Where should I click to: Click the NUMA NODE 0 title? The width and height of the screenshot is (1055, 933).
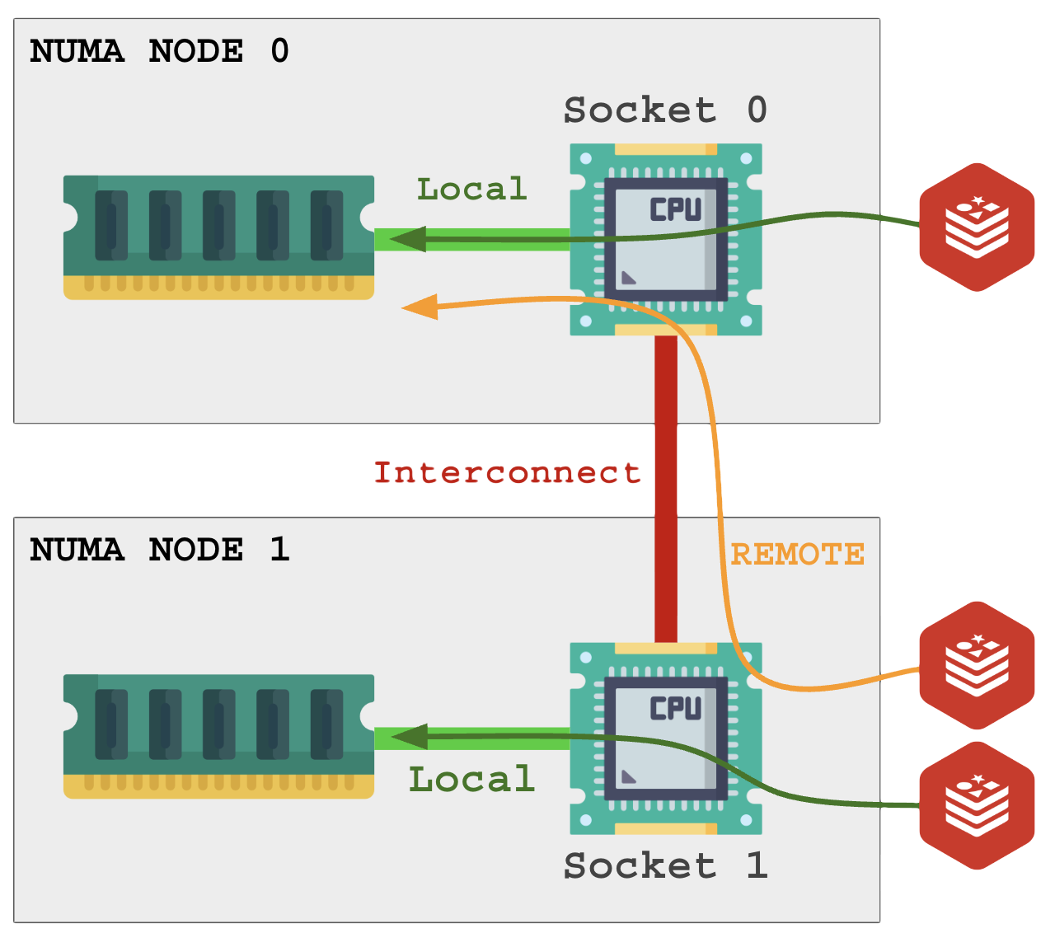(x=159, y=51)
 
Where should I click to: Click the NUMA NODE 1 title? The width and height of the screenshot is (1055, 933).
(x=159, y=550)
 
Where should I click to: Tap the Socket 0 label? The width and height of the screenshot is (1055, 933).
(x=664, y=110)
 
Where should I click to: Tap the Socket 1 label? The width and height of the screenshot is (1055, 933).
(x=664, y=866)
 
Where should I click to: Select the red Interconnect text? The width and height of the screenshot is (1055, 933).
(x=507, y=473)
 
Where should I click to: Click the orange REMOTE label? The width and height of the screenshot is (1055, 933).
(x=797, y=554)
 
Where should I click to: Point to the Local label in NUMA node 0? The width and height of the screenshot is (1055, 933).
(x=471, y=190)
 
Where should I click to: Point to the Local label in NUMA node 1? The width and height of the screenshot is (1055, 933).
(x=471, y=780)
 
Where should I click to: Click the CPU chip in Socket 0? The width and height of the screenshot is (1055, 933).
(x=666, y=239)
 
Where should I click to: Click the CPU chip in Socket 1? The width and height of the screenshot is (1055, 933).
(x=666, y=738)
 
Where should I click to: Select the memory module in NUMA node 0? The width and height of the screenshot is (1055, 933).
(x=218, y=237)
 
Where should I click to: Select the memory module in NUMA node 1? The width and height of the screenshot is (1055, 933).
(x=218, y=736)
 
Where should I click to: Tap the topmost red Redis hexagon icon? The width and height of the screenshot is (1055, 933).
(x=977, y=227)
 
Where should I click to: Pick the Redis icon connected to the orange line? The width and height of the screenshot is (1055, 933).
(x=977, y=665)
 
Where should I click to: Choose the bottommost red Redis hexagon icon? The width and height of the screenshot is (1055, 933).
(x=977, y=805)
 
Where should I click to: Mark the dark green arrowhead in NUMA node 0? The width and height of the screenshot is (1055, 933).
(x=408, y=239)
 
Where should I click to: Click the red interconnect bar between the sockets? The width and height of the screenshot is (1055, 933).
(x=666, y=486)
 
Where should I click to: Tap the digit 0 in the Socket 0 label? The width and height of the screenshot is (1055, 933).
(x=757, y=110)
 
